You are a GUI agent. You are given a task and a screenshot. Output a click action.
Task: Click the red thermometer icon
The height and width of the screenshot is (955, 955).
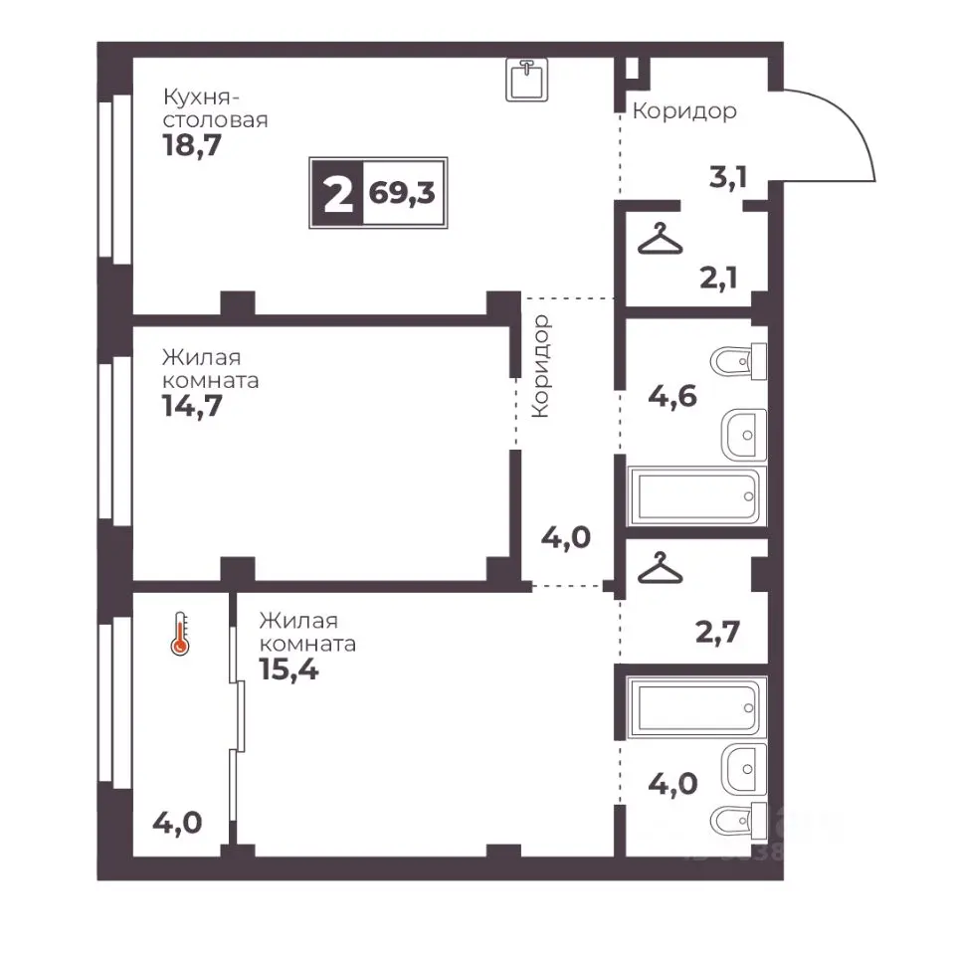(180, 634)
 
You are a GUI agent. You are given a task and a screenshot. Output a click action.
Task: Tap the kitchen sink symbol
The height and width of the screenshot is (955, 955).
(527, 80)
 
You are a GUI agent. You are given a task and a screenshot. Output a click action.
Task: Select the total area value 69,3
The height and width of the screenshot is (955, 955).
(402, 193)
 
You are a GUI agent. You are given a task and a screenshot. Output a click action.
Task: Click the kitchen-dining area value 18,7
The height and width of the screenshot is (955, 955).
(192, 145)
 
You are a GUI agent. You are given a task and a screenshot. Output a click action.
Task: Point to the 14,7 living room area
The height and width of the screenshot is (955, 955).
(192, 406)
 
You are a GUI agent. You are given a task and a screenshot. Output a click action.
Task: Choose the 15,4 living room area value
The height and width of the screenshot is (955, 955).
(288, 669)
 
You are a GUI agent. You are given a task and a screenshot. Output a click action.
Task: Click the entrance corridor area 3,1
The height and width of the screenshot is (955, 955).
(728, 177)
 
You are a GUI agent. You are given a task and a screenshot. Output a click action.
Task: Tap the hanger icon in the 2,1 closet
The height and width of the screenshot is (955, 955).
(661, 239)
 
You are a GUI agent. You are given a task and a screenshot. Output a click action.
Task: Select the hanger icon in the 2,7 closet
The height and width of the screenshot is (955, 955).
(661, 568)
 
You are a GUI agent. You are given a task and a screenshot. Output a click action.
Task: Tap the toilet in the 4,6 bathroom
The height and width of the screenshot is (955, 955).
(738, 362)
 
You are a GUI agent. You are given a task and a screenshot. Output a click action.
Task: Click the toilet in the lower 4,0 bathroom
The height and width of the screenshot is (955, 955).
(738, 821)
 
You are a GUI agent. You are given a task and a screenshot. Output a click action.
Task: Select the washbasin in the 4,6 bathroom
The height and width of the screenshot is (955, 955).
(744, 435)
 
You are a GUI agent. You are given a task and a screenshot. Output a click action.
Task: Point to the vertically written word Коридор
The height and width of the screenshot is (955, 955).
(540, 366)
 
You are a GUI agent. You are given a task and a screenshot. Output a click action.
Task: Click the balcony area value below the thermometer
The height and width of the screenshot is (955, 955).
(177, 823)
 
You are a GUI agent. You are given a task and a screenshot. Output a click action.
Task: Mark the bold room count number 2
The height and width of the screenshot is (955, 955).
(338, 193)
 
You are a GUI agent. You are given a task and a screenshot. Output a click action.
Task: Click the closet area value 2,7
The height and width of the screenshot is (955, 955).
(717, 632)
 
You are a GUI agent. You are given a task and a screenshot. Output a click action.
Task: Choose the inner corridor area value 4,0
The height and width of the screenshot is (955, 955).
(566, 538)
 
